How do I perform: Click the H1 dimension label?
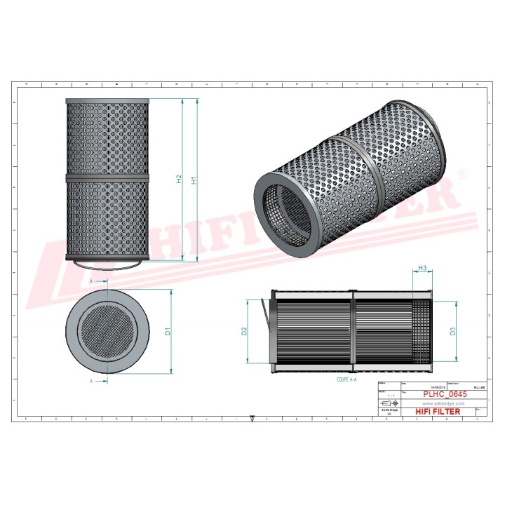(x=194, y=180)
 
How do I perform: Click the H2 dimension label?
(x=180, y=180)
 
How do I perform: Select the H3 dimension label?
(x=422, y=269)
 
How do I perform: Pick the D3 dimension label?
(x=454, y=331)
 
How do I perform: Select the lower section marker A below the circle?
(x=92, y=381)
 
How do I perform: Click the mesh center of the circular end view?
(x=107, y=330)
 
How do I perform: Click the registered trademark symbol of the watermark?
(x=461, y=173)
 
